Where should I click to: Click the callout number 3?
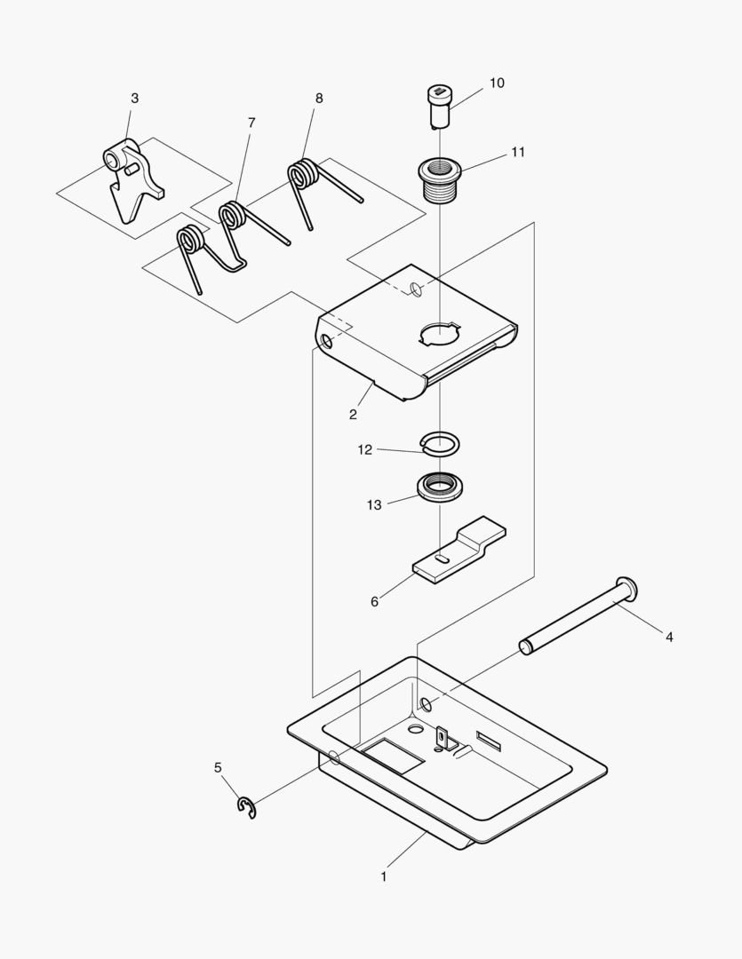[x=134, y=99]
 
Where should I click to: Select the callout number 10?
[x=496, y=83]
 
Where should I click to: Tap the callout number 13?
[x=374, y=504]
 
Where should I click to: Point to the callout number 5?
[x=218, y=767]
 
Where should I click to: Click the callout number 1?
[x=383, y=876]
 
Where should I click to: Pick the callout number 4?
[x=669, y=637]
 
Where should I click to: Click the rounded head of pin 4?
[x=626, y=587]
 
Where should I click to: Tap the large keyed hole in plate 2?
[x=439, y=334]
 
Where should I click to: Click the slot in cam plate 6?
[x=442, y=559]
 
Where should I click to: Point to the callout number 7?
[x=251, y=123]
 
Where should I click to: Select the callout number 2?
[x=353, y=415]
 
